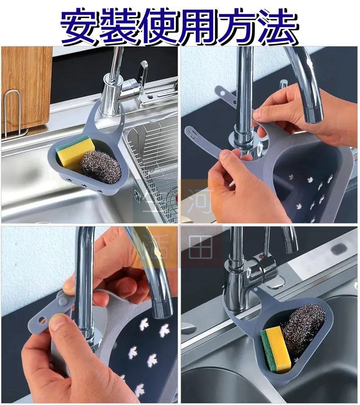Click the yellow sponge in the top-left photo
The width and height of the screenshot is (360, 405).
coord(76,152)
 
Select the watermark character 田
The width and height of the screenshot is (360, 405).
coord(201,247)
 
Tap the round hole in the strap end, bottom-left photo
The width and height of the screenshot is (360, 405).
coord(41,320)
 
